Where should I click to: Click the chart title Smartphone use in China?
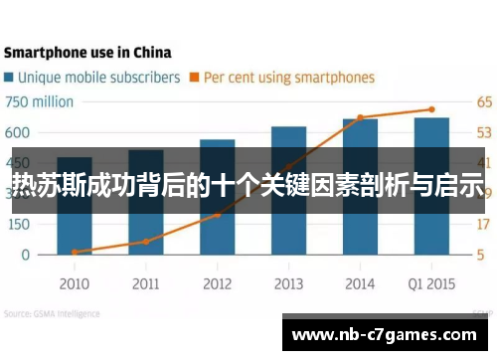pyautogui.click(x=87, y=52)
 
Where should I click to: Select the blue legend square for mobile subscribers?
pyautogui.click(x=11, y=77)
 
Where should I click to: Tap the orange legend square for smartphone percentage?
pyautogui.click(x=196, y=77)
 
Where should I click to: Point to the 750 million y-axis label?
pyautogui.click(x=40, y=102)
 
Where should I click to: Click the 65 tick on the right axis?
pyautogui.click(x=484, y=102)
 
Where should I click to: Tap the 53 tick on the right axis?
pyautogui.click(x=484, y=132)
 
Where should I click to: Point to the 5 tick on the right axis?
pyautogui.click(x=481, y=255)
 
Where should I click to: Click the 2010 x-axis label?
pyautogui.click(x=75, y=283)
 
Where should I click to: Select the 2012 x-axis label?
pyautogui.click(x=217, y=283)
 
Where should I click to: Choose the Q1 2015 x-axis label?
pyautogui.click(x=430, y=283)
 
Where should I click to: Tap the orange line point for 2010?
pyautogui.click(x=75, y=252)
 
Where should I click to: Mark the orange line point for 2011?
pyautogui.click(x=146, y=241)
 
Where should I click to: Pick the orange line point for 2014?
pyautogui.click(x=360, y=117)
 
